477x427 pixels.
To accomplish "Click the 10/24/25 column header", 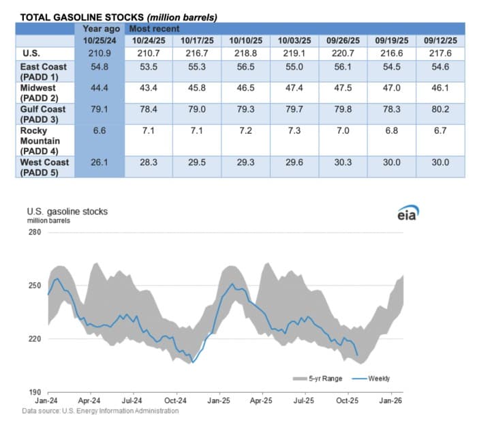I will click(x=150, y=40).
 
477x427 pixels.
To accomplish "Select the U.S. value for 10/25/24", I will click(x=98, y=53).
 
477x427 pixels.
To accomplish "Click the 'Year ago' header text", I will click(x=98, y=29).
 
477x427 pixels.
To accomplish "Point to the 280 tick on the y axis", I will click(x=34, y=233).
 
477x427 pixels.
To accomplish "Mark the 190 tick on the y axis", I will click(x=34, y=393).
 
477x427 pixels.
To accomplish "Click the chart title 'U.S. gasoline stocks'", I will click(x=67, y=211).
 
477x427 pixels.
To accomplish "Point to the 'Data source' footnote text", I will click(x=100, y=411).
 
